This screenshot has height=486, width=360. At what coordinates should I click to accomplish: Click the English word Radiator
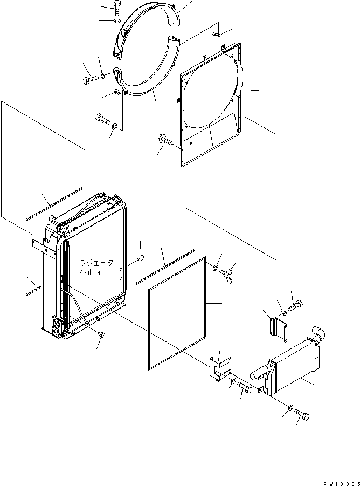(x=95, y=272)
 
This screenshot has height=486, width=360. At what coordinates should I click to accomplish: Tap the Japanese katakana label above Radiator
(x=96, y=263)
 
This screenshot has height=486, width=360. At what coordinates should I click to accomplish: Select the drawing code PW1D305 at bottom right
(x=342, y=483)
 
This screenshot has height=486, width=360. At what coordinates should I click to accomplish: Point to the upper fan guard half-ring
(x=146, y=30)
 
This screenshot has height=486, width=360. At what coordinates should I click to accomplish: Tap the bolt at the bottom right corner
(x=302, y=414)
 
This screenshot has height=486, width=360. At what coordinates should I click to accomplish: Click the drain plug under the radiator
(x=101, y=334)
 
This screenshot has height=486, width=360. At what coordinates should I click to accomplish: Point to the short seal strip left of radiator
(x=34, y=291)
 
